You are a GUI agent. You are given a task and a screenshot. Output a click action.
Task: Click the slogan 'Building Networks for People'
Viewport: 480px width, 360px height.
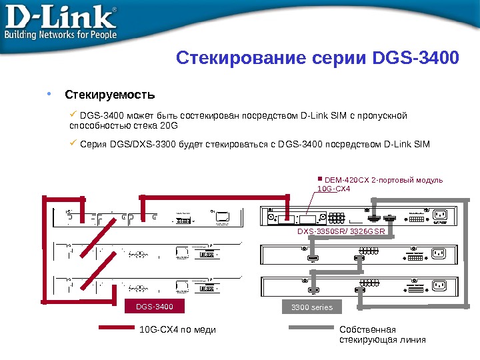point(61,33)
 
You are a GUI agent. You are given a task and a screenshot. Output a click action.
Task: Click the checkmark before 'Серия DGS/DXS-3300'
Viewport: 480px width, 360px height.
point(74,142)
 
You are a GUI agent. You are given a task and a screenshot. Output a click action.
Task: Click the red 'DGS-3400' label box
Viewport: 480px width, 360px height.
point(154,307)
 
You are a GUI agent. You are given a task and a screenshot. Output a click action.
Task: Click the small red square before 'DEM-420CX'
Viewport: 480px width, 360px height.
point(320,179)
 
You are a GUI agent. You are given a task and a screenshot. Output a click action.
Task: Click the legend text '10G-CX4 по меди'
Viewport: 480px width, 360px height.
point(178,329)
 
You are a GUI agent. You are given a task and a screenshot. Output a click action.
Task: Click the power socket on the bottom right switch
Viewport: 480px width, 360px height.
point(439,285)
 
